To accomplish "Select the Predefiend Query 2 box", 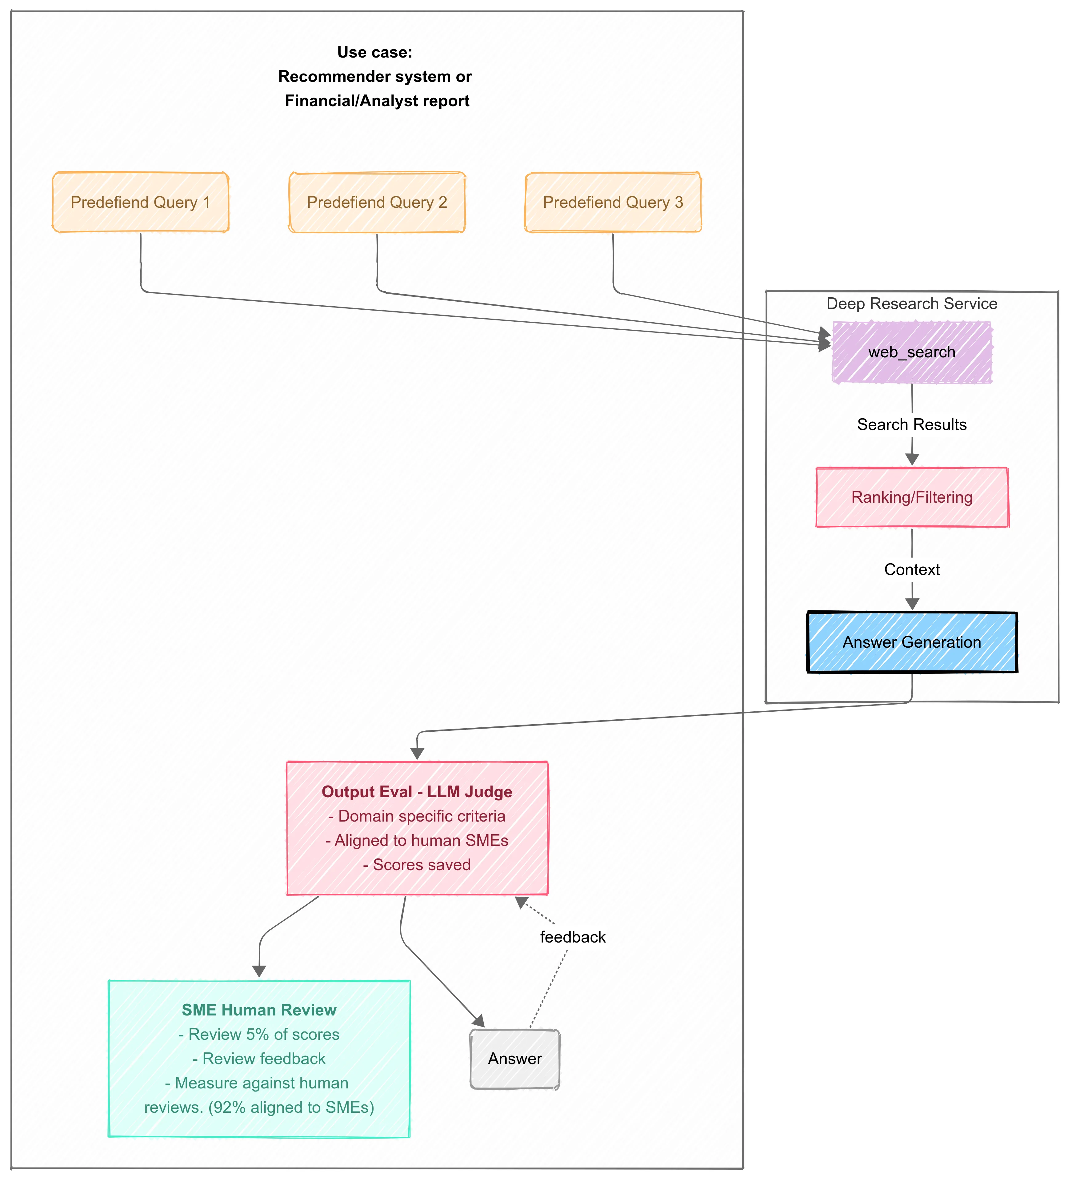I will pyautogui.click(x=377, y=202).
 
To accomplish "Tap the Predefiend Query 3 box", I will pyautogui.click(x=613, y=202).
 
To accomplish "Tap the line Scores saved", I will pyautogui.click(x=417, y=865).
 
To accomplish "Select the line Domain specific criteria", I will pyautogui.click(x=417, y=816).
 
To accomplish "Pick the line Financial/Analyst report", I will pyautogui.click(x=377, y=101).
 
